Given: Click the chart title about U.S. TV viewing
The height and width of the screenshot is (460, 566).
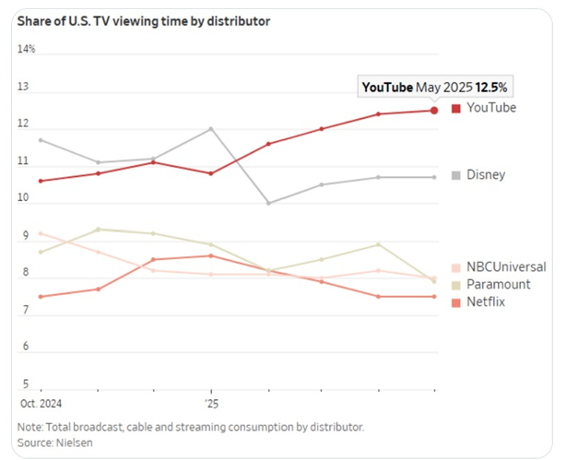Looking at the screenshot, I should pos(144,20).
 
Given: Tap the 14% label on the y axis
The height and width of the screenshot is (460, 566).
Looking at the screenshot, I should pos(27,49).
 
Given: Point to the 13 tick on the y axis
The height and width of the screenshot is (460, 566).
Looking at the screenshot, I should pos(24,88).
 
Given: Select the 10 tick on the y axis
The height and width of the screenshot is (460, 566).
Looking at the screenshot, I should pos(24,197).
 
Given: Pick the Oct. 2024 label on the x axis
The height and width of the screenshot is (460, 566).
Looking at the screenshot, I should pos(40,404).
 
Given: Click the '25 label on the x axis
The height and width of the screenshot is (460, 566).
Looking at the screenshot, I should pos(211,404).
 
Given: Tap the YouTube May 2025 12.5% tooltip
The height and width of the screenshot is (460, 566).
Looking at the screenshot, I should pos(435,87).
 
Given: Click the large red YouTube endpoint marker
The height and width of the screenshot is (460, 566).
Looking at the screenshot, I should pos(434,111).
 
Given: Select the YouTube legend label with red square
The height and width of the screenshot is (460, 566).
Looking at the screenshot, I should pos(490,108).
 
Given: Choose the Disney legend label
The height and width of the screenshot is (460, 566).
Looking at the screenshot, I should pos(486,174).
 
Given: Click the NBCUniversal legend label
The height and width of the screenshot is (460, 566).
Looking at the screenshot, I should pos(504,267).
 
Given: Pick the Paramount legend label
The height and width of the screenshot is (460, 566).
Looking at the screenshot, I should pos(498,284).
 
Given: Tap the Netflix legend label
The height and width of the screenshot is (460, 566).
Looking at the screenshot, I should pos(489,301).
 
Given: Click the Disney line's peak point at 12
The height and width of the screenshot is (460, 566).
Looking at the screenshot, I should pos(212,128).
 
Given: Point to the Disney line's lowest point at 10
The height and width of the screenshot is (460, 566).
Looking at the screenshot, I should pos(268,203).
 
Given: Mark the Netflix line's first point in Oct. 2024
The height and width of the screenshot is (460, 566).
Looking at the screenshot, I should pos(41,296).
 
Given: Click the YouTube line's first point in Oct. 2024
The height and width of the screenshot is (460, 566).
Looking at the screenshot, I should pos(41,181).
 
